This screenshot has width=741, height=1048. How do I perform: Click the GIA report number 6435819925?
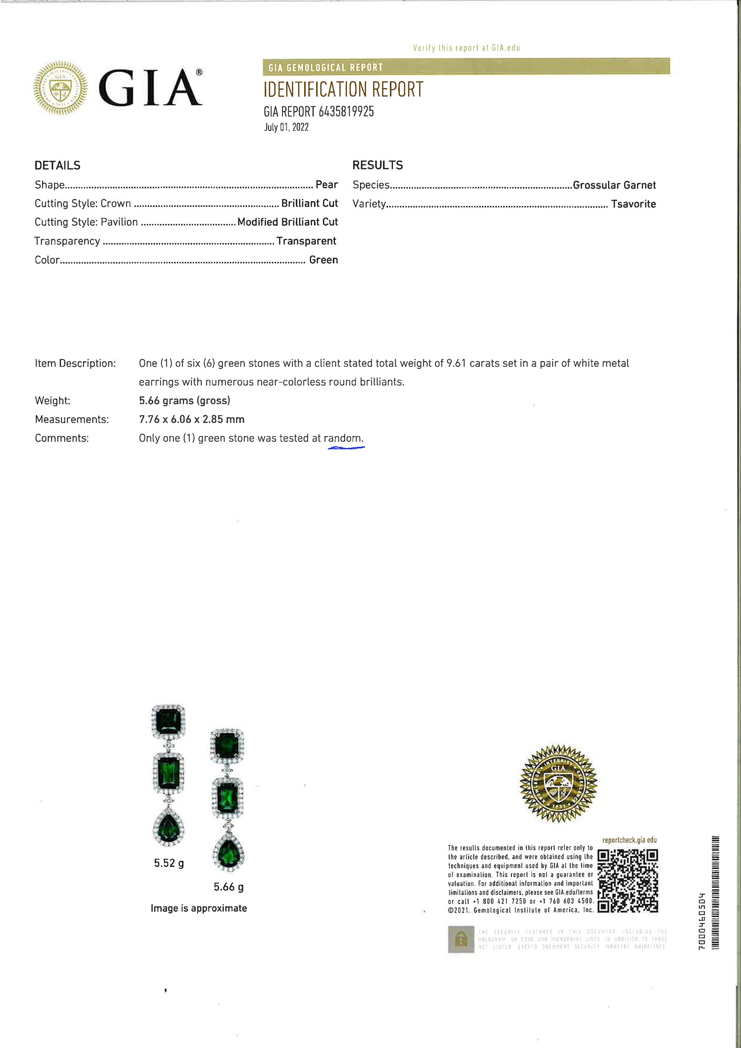346,112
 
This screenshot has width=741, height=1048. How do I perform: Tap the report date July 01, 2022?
286,127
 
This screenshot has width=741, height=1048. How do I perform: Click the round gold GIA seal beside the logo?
60,88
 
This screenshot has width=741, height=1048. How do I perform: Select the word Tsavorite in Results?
633,204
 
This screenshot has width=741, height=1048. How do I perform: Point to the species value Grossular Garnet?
614,185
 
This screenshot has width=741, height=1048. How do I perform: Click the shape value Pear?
327,184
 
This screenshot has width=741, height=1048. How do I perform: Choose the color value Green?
324,259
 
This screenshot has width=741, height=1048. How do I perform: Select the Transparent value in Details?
306,241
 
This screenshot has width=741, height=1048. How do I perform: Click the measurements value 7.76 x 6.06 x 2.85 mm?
192,419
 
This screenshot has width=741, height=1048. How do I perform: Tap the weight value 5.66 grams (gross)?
184,400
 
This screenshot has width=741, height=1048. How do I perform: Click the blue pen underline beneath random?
346,448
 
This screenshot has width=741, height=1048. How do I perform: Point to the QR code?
627,880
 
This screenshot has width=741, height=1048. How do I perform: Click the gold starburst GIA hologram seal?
558,783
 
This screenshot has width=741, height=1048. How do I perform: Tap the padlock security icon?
461,939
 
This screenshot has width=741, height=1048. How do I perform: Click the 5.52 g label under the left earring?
169,863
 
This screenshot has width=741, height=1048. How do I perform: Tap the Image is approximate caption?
199,908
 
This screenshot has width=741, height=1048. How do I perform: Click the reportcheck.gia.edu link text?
629,840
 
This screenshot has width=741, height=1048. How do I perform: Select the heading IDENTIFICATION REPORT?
343,89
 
